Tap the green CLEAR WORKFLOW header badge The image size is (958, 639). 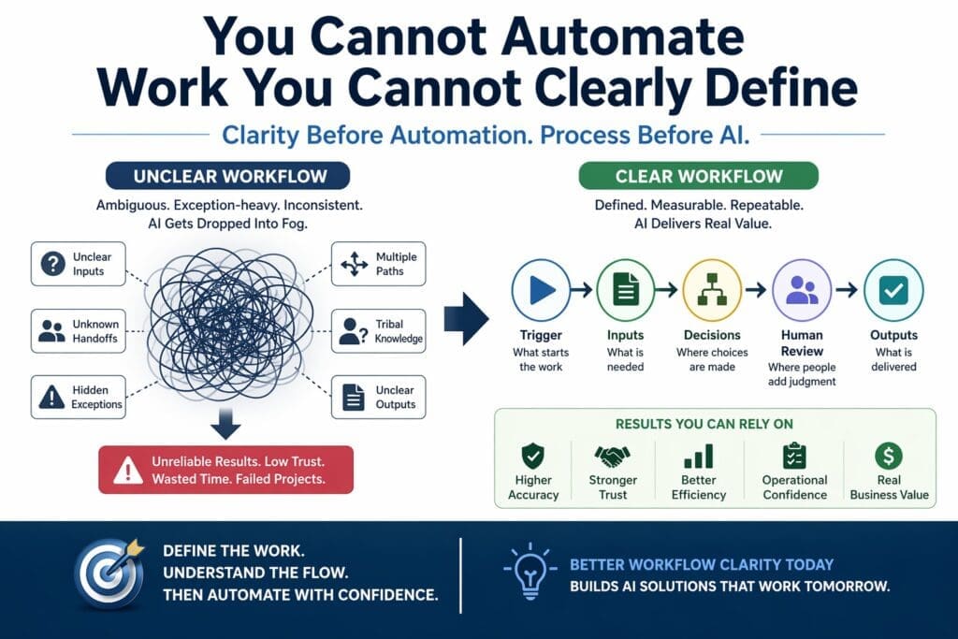699,176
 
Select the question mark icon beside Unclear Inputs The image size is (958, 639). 52,264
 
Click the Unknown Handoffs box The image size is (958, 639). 79,330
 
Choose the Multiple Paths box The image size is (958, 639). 379,264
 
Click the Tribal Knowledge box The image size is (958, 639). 379,330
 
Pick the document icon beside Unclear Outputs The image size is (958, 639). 353,398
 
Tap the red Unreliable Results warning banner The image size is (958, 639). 226,469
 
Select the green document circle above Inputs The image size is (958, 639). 625,290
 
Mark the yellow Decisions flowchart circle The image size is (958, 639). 712,290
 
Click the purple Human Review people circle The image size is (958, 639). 802,290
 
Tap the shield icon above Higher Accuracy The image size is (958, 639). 533,457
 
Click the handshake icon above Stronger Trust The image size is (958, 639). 613,457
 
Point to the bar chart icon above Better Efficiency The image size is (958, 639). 699,457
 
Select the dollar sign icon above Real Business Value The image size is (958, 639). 888,457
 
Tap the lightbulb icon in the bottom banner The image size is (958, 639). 528,572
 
